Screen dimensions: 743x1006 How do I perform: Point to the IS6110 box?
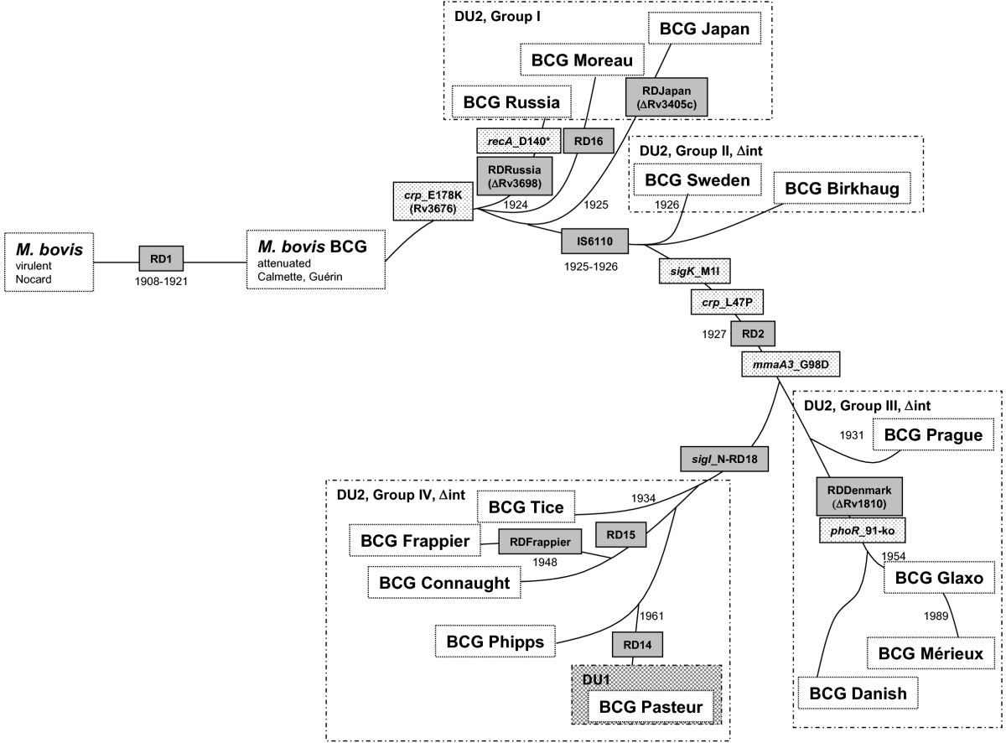[594, 242]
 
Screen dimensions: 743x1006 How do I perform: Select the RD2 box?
[751, 333]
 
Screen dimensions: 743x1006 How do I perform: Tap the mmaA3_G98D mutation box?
[791, 365]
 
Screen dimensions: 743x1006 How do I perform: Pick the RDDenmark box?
[857, 496]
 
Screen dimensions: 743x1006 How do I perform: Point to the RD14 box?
[636, 644]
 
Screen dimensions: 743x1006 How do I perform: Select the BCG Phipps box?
[495, 642]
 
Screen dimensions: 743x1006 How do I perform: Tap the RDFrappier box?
[541, 543]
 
